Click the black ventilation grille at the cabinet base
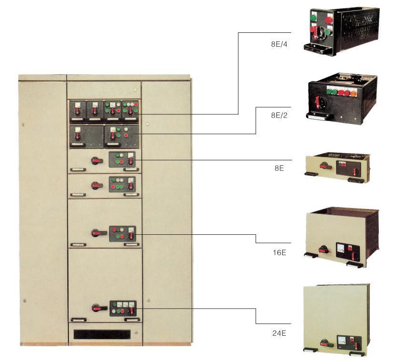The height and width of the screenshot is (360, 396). coord(102,334)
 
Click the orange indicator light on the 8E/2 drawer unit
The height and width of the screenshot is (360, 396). coord(353,93)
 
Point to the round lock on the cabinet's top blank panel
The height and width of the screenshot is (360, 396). coord(135,90)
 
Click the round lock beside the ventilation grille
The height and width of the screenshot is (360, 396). coord(136,333)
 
